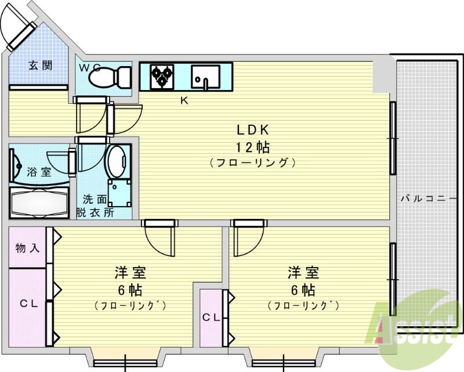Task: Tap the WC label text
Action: tap(90, 67)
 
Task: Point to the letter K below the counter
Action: tap(184, 100)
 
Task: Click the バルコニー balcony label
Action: tap(428, 198)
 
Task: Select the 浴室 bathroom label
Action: tap(39, 172)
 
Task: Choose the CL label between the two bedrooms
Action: tap(211, 317)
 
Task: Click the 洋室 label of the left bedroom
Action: tap(129, 272)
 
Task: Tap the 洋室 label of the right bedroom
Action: tap(303, 272)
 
